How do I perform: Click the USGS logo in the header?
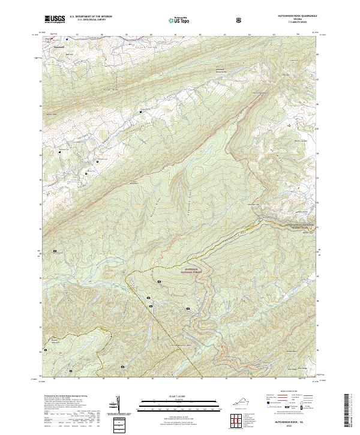(55, 19)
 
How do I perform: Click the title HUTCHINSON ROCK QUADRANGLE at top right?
(298, 14)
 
